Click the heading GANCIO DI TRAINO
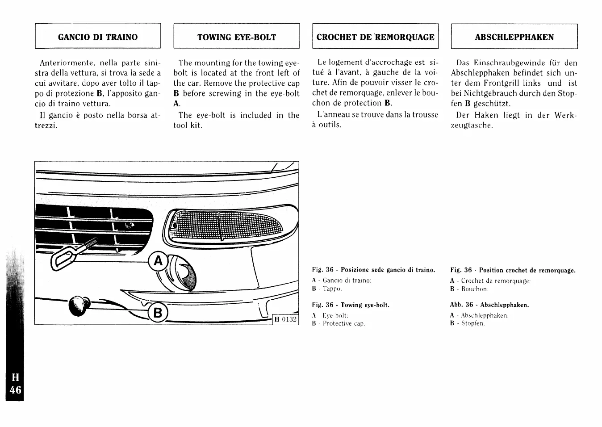coord(98,37)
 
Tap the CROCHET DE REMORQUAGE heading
coord(375,37)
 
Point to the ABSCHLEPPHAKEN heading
coord(514,37)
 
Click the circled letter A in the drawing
coord(158,261)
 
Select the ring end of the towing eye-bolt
coord(62,259)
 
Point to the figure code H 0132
coord(285,319)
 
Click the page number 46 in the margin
coord(15,389)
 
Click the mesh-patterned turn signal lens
coord(228,225)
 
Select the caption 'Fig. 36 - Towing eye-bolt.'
coord(351,305)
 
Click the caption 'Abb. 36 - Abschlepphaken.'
coord(489,305)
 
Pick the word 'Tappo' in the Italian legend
coord(332,289)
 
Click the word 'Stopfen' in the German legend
coord(472,323)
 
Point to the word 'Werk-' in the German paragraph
coord(565,115)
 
